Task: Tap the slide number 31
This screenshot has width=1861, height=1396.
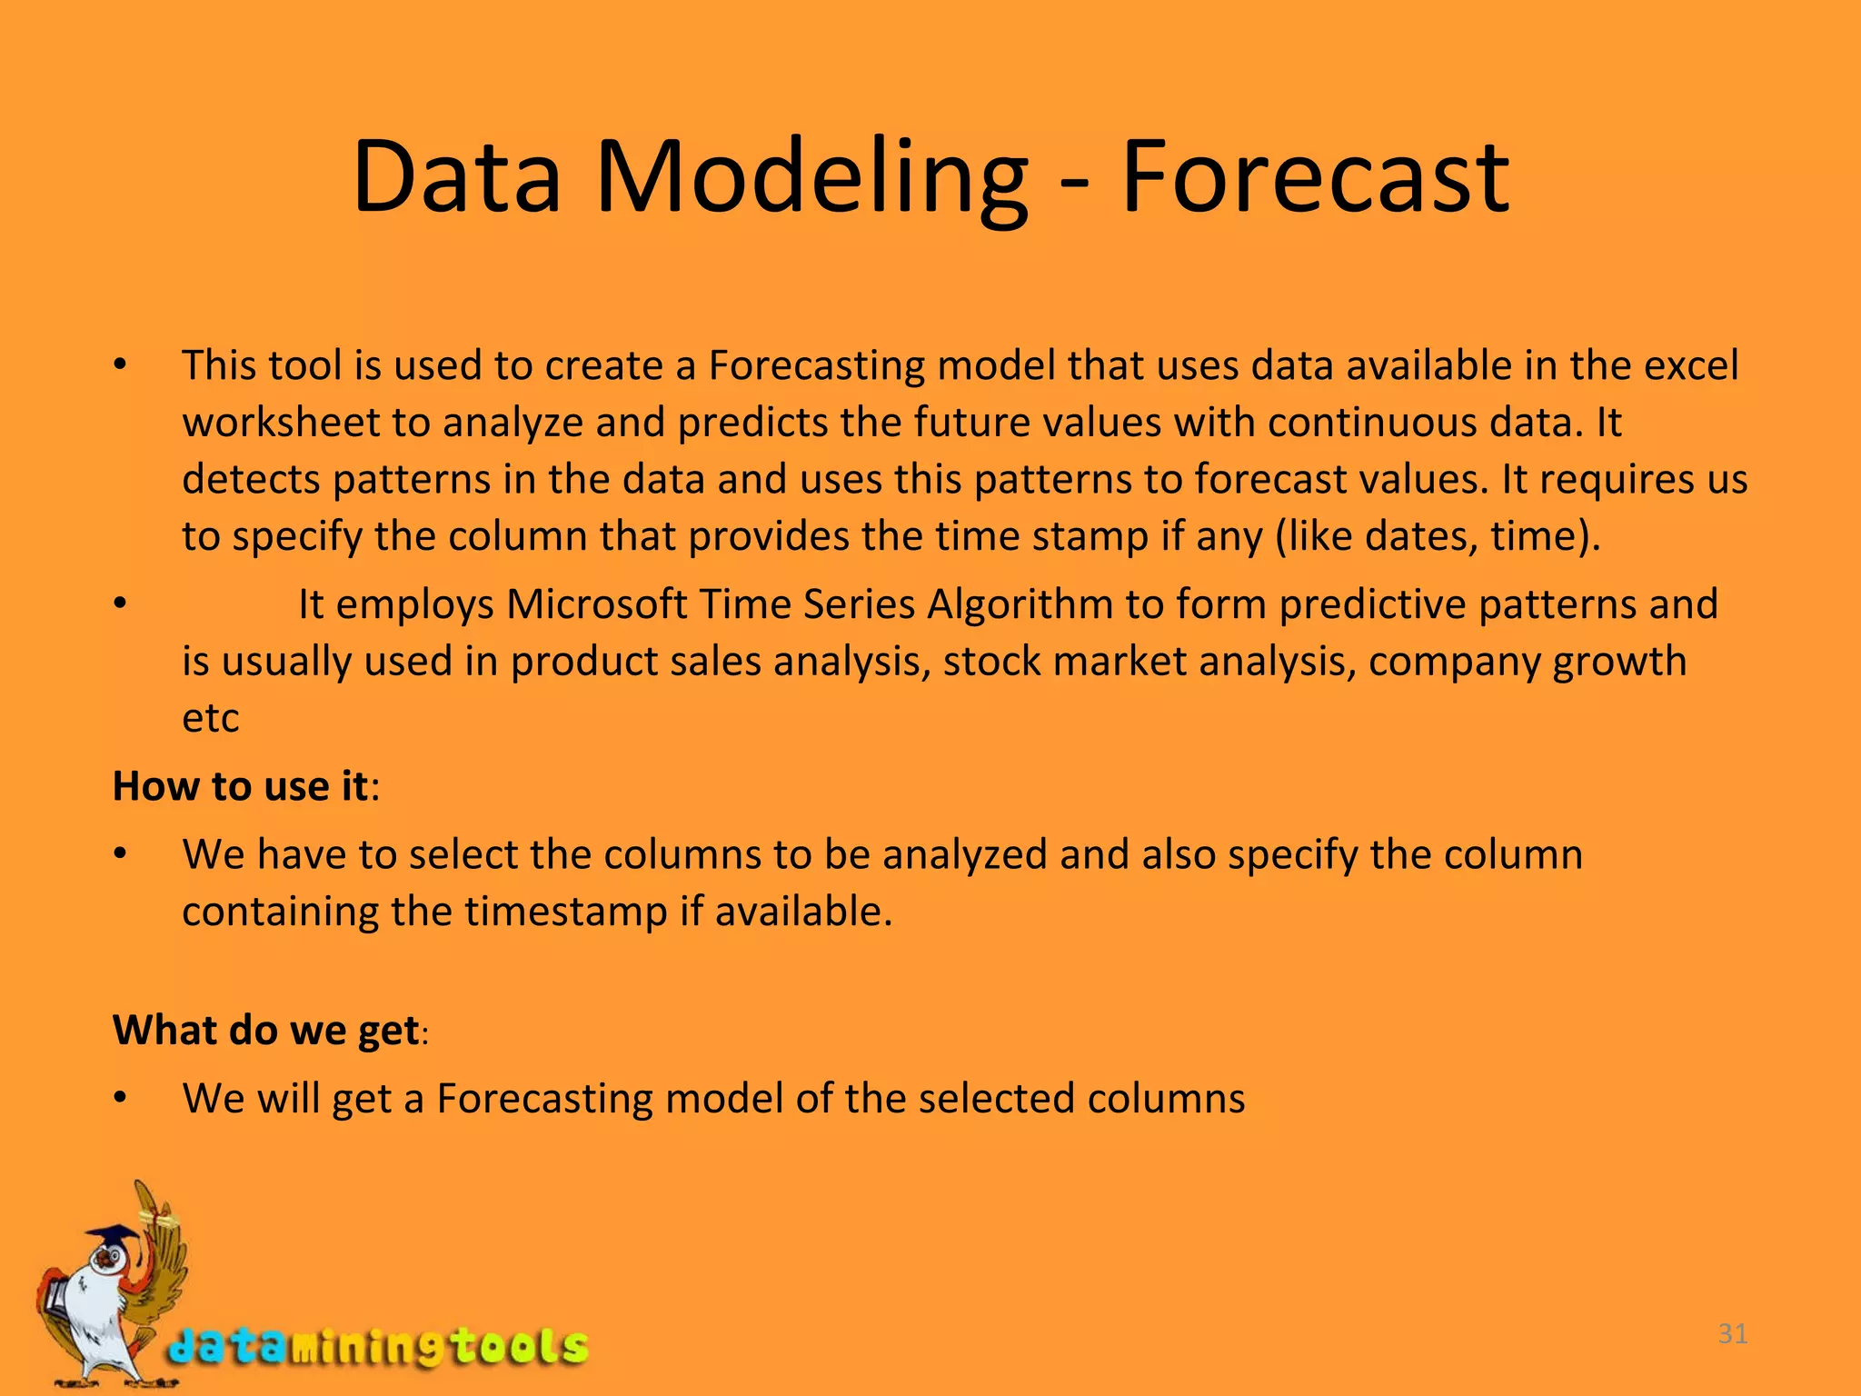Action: click(x=1733, y=1334)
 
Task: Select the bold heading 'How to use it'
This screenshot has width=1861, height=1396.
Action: click(x=241, y=786)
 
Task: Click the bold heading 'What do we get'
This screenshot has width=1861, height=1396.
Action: click(x=265, y=1030)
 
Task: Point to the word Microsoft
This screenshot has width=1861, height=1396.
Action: click(x=596, y=604)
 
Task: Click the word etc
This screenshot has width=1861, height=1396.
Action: click(x=210, y=719)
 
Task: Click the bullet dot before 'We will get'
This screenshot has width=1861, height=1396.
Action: click(x=120, y=1099)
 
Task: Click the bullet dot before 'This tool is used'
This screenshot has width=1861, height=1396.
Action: click(x=120, y=366)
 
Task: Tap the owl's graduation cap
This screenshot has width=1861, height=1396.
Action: click(x=114, y=1238)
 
